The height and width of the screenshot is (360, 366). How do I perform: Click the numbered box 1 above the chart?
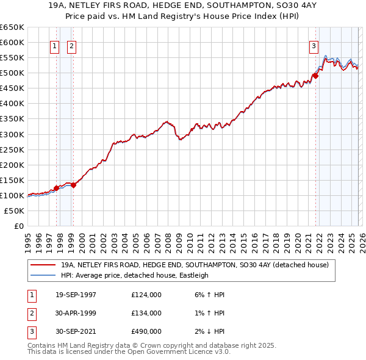click(55, 46)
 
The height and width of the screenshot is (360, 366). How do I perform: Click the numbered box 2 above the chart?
click(71, 46)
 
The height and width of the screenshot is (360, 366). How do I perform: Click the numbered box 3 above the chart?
click(314, 46)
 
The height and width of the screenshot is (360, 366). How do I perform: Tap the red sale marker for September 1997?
click(56, 188)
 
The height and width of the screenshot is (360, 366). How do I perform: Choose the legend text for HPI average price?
click(135, 275)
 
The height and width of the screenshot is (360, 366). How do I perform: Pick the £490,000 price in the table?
click(146, 331)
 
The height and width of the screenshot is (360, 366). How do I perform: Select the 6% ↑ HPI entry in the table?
click(209, 295)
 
